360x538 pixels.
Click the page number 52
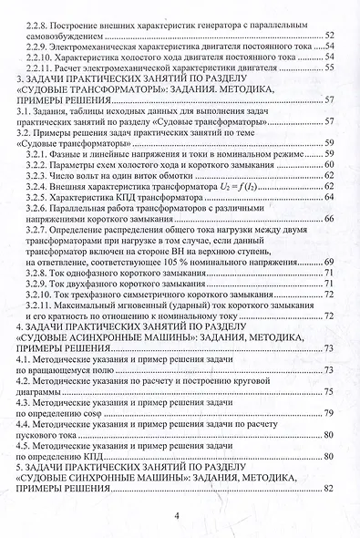pyautogui.click(x=329, y=34)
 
